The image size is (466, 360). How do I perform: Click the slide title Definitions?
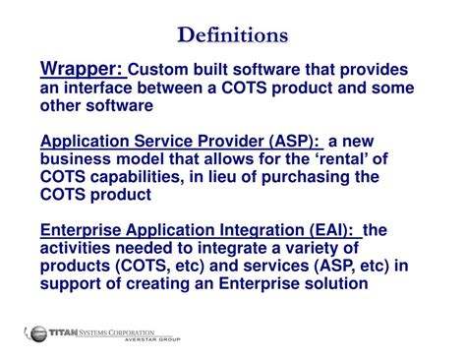233,35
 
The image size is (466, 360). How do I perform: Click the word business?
79,159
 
